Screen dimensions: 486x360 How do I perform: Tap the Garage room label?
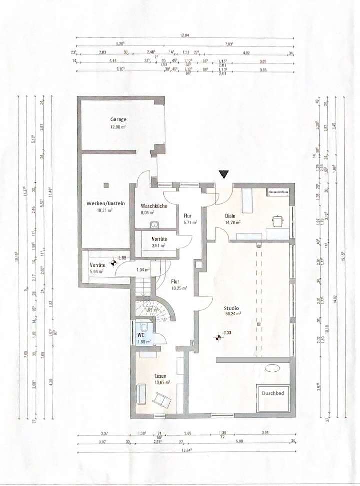click(118, 120)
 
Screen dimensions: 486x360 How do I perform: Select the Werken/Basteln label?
click(105, 204)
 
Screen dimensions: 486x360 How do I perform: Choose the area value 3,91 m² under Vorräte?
click(160, 246)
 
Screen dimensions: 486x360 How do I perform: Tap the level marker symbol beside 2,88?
click(114, 262)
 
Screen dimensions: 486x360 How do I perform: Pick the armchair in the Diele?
click(278, 219)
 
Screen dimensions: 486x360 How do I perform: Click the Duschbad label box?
click(273, 394)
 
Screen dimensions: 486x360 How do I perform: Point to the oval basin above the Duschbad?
click(273, 369)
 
